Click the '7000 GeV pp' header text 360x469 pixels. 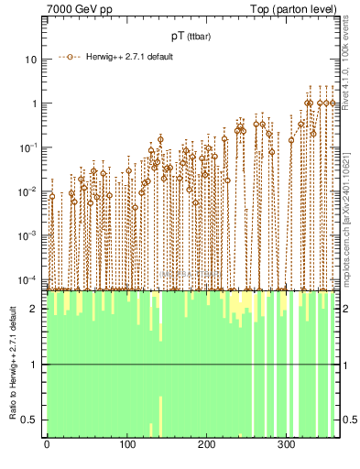click(78, 8)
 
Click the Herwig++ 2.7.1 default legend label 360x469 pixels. click(131, 57)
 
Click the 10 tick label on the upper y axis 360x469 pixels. click(31, 60)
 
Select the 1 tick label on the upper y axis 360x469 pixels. click(34, 104)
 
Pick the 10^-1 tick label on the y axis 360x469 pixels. click(28, 147)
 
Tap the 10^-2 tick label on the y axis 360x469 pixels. click(28, 191)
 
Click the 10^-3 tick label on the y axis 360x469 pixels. click(28, 235)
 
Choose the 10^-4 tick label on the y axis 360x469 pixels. click(28, 279)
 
